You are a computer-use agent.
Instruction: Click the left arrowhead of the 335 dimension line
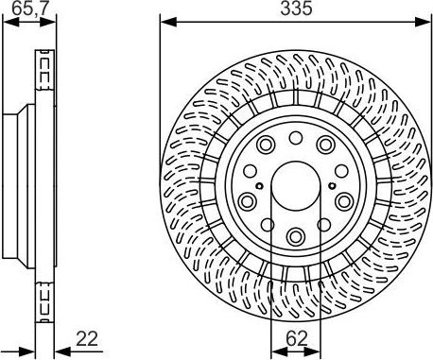[164, 20]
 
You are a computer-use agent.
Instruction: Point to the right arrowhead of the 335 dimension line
[427, 20]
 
